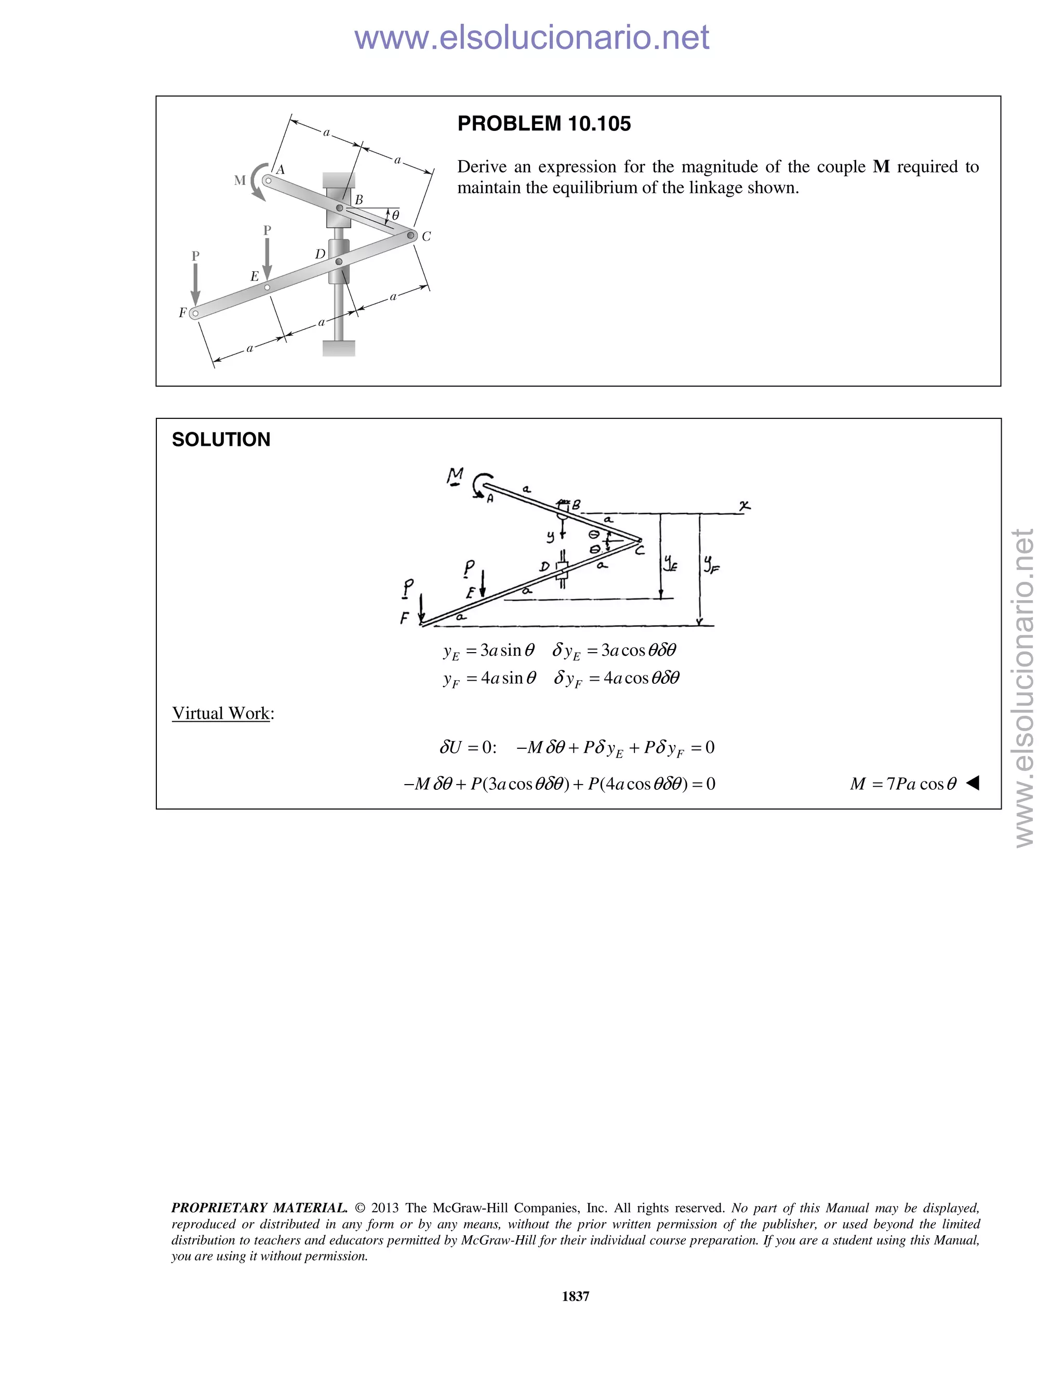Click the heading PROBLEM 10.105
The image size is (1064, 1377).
(543, 124)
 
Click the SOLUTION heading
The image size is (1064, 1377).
(221, 440)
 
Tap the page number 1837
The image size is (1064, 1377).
(575, 1295)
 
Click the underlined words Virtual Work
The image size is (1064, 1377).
(221, 713)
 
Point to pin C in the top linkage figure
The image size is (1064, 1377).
(411, 235)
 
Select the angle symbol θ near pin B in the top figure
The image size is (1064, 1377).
(395, 215)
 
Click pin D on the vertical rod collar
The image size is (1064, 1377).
(339, 261)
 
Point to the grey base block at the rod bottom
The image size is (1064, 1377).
(339, 348)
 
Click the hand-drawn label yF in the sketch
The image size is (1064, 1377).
(711, 564)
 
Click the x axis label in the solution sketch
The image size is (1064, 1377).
(744, 506)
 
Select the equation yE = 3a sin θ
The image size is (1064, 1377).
(488, 651)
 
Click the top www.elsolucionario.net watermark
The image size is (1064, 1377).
(531, 37)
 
